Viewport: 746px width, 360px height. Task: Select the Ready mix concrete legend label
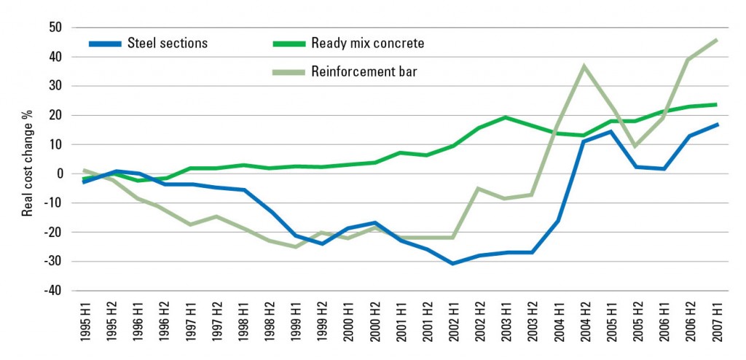(x=367, y=43)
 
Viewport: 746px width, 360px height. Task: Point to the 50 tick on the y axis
(x=55, y=28)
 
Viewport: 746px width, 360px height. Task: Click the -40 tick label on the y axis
(x=53, y=291)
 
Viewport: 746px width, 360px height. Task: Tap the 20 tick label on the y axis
(x=55, y=115)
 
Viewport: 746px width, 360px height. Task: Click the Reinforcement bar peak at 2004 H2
(x=584, y=66)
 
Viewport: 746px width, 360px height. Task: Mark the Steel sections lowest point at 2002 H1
(x=453, y=263)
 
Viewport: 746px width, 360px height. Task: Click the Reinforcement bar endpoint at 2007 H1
(x=716, y=39)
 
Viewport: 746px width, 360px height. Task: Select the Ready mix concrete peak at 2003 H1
(x=506, y=117)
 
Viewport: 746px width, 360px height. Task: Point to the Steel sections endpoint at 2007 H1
(x=716, y=125)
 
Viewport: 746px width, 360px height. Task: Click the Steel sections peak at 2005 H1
(x=610, y=131)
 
